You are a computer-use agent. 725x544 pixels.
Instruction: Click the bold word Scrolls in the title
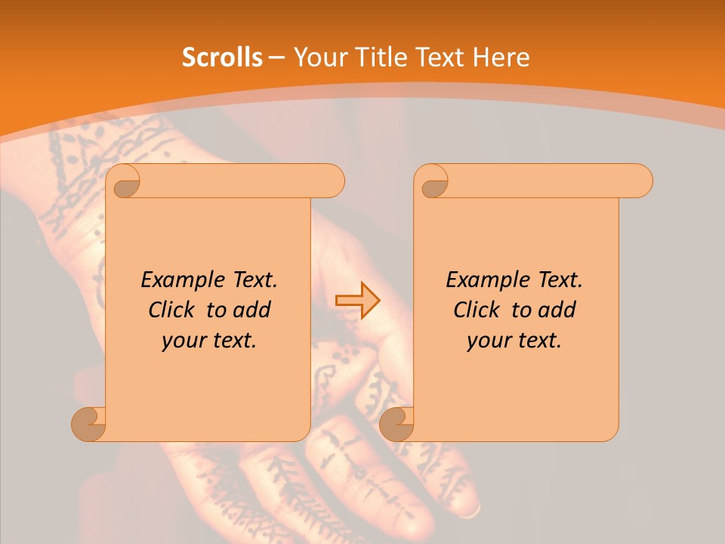(222, 57)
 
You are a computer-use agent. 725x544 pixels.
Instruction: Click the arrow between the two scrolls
(358, 301)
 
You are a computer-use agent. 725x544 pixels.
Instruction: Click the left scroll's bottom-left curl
(88, 423)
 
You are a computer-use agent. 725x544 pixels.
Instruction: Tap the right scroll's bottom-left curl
(396, 423)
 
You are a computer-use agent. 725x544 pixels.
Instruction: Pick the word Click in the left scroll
(173, 310)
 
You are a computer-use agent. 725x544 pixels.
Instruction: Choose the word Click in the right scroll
(478, 310)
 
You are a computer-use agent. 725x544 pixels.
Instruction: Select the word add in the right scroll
(557, 310)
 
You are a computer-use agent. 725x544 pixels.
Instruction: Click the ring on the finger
(470, 511)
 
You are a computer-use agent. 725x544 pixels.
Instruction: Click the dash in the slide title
(276, 57)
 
